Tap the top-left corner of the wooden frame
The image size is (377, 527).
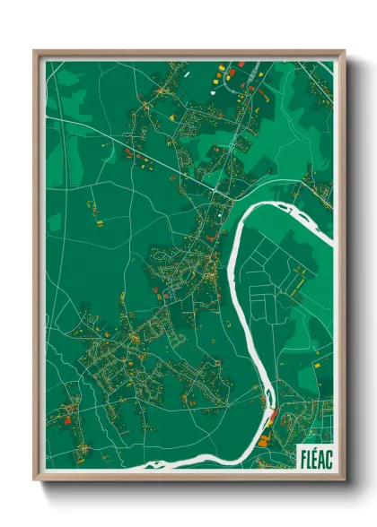point(35,51)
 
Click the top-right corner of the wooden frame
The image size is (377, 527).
point(344,51)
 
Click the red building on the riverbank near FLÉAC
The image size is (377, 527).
point(275,414)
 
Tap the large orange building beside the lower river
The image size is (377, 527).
point(264,440)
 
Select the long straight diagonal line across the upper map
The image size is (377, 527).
point(135,147)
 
